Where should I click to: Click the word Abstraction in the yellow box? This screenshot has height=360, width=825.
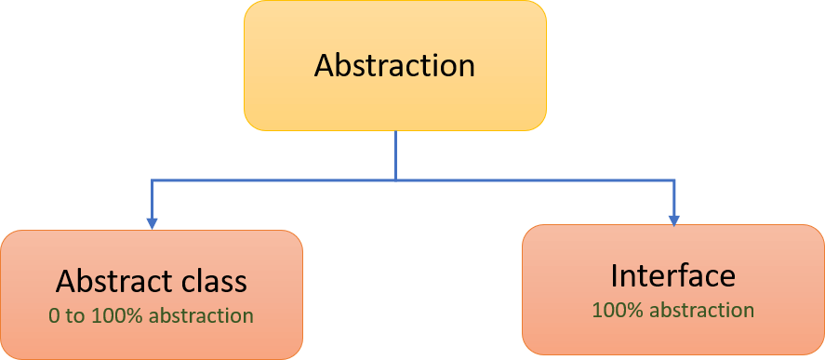tap(394, 66)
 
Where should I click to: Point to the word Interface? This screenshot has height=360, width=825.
tap(672, 275)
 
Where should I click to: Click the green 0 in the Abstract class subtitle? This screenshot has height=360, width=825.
tap(54, 316)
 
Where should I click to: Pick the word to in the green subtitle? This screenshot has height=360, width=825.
tap(74, 316)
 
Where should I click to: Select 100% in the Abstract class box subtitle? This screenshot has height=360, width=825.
tap(113, 316)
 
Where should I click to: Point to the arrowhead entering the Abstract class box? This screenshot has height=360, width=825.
tap(152, 223)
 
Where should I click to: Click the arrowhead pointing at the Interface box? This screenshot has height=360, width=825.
tap(673, 220)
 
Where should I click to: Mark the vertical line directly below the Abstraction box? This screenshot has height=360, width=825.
tap(395, 153)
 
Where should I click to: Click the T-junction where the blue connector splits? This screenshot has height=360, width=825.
tap(395, 180)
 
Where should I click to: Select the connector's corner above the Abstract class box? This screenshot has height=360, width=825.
tap(152, 180)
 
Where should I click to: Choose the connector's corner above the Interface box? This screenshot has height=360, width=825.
tap(673, 180)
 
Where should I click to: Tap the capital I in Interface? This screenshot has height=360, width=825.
tap(615, 275)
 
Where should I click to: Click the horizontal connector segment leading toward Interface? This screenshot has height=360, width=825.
tap(535, 180)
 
